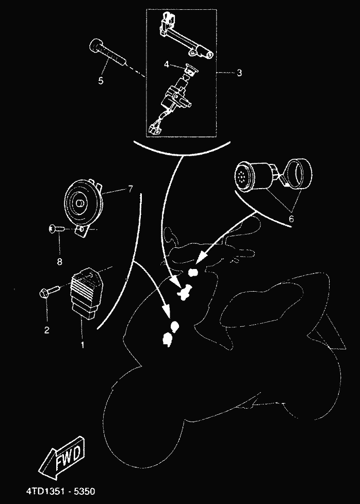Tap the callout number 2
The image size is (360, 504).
tap(47, 330)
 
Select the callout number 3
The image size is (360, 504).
tap(239, 73)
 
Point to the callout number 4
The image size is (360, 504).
tap(167, 64)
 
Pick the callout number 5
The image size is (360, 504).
tap(101, 81)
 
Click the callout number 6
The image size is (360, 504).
tap(291, 219)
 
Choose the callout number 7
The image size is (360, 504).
tap(130, 190)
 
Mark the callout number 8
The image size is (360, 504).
tap(60, 261)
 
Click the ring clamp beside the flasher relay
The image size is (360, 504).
tap(299, 174)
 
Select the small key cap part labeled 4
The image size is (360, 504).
tap(189, 69)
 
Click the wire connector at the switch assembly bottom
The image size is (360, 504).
tap(156, 128)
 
